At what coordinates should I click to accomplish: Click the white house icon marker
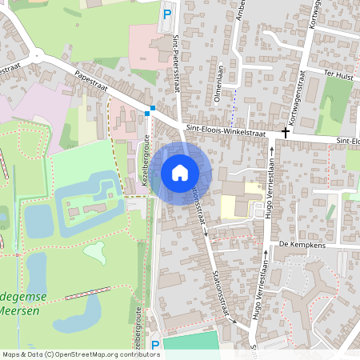pos(180,173)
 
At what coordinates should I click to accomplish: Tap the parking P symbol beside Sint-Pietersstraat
pos(167,14)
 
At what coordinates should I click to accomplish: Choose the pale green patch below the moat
pos(95,253)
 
